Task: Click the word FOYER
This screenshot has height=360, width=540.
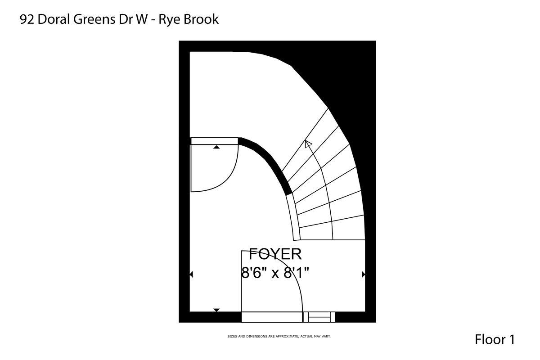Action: tap(275, 254)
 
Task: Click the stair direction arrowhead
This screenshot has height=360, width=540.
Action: tap(308, 144)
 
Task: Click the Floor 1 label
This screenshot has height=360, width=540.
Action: tap(494, 339)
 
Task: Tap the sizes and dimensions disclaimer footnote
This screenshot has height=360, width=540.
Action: tap(279, 336)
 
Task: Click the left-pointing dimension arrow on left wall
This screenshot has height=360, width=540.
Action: tap(192, 274)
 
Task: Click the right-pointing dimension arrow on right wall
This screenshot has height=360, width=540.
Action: tap(363, 274)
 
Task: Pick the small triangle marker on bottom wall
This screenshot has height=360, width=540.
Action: tap(216, 310)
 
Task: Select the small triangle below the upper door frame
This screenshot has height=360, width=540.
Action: tap(216, 147)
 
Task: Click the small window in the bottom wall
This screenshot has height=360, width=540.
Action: tap(319, 317)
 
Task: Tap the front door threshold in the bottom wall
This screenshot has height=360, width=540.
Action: tap(272, 317)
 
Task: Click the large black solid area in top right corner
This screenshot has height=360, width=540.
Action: tap(351, 72)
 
